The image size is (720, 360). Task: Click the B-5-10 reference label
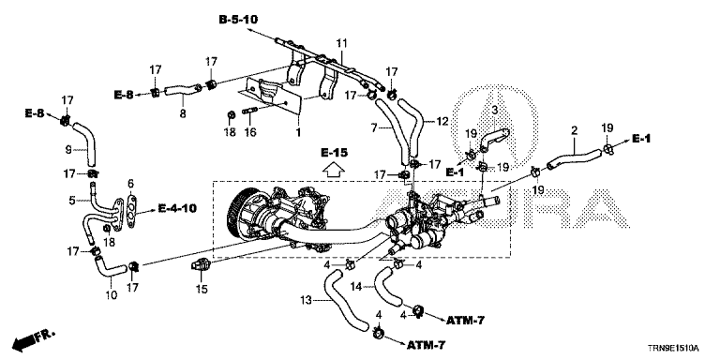(x=238, y=20)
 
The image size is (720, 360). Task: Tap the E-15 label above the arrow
(x=334, y=154)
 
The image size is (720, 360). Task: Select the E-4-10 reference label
(x=177, y=208)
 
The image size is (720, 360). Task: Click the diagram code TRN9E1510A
(x=675, y=348)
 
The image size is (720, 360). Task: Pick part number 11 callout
(x=341, y=44)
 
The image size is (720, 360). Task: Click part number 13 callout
(x=307, y=301)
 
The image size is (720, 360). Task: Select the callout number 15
(x=202, y=290)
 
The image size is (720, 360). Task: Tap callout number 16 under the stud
(x=249, y=133)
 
